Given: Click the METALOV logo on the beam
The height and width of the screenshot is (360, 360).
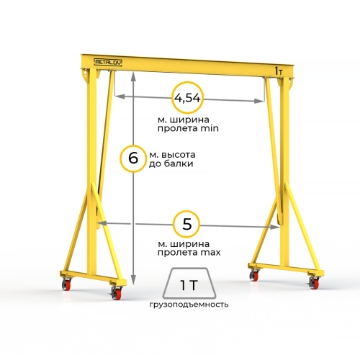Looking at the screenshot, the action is click(108, 63).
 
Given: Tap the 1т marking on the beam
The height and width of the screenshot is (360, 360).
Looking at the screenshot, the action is click(279, 71).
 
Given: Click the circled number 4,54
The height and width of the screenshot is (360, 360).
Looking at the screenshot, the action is click(187, 98).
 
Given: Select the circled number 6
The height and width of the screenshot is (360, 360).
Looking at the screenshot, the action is click(133, 158).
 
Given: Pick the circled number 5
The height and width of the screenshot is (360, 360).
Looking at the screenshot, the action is click(186, 224).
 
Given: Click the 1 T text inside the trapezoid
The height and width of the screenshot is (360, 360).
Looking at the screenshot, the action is click(189, 285).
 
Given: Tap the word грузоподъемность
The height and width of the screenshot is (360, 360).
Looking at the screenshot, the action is click(189, 305).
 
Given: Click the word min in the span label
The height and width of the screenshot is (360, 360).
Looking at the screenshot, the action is click(210, 128).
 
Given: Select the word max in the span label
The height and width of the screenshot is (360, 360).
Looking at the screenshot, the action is click(210, 253).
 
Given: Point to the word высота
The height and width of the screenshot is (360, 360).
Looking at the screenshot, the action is click(179, 155).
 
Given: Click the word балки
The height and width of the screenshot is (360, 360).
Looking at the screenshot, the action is click(179, 163).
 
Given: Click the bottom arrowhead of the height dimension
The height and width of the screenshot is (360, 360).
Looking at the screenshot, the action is click(134, 280).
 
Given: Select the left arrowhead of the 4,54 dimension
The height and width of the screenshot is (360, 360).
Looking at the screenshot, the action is click(120, 96).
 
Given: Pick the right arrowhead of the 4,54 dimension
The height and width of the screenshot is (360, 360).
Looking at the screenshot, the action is click(259, 101).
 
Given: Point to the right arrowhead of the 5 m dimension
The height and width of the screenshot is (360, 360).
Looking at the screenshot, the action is click(275, 227).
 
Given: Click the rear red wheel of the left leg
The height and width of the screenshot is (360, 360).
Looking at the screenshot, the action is click(66, 285).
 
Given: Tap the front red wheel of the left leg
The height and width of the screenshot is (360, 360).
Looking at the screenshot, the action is click(117, 294).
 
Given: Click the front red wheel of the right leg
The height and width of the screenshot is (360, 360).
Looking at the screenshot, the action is click(315, 284).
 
